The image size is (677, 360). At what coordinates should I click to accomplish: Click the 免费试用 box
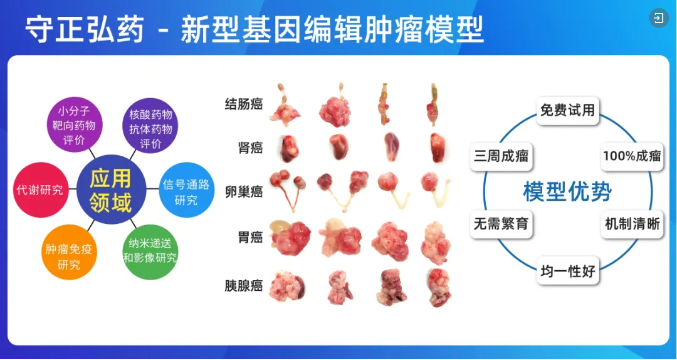coord(567,110)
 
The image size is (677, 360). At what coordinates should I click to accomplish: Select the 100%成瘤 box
coord(633,156)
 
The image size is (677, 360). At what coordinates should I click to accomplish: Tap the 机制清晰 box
coord(633,224)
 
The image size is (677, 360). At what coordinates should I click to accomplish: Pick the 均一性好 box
coord(567,270)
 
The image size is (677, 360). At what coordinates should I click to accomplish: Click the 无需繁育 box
coord(501,224)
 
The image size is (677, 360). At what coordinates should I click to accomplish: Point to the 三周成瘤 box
coord(501,156)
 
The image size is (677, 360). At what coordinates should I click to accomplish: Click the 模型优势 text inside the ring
coord(567,191)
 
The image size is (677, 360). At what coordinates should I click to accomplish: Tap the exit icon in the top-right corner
coord(657,18)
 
